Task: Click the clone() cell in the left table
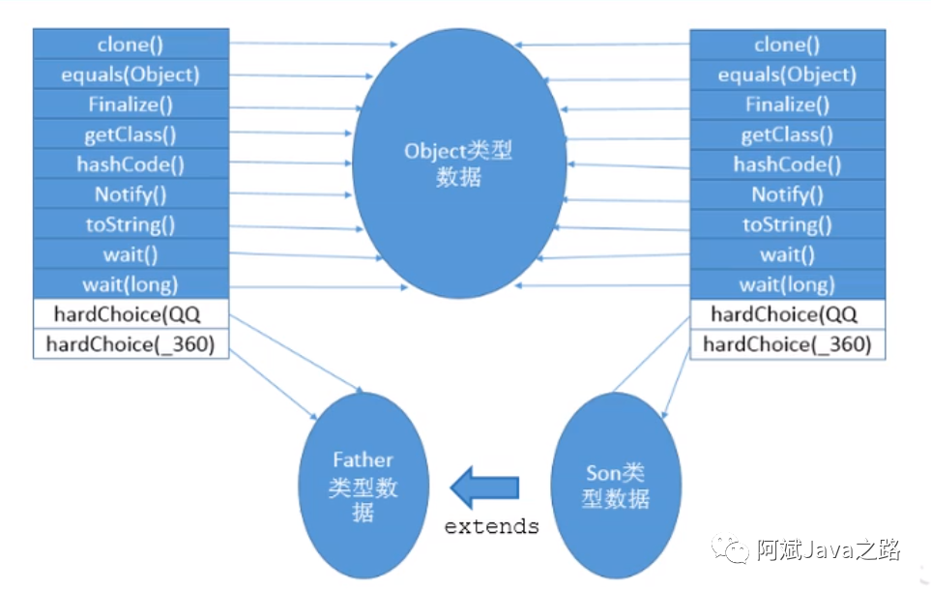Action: pyautogui.click(x=131, y=44)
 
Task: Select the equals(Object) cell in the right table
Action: pyautogui.click(x=787, y=74)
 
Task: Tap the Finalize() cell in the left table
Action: pyautogui.click(x=131, y=103)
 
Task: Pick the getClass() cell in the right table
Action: pyautogui.click(x=787, y=134)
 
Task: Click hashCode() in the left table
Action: pyautogui.click(x=131, y=164)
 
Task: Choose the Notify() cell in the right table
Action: pyautogui.click(x=787, y=194)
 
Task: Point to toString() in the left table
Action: pyautogui.click(x=131, y=224)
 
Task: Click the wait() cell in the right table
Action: pyautogui.click(x=787, y=255)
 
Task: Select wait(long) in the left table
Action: pyautogui.click(x=131, y=284)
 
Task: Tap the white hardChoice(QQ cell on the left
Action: pyautogui.click(x=131, y=314)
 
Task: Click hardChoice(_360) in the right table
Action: pyautogui.click(x=787, y=344)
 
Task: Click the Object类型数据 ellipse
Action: pyautogui.click(x=458, y=164)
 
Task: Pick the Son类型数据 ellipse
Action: pyautogui.click(x=616, y=486)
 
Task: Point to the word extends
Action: pyautogui.click(x=491, y=527)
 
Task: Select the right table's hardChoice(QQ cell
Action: pyautogui.click(x=787, y=314)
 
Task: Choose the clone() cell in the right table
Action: pyautogui.click(x=787, y=44)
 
